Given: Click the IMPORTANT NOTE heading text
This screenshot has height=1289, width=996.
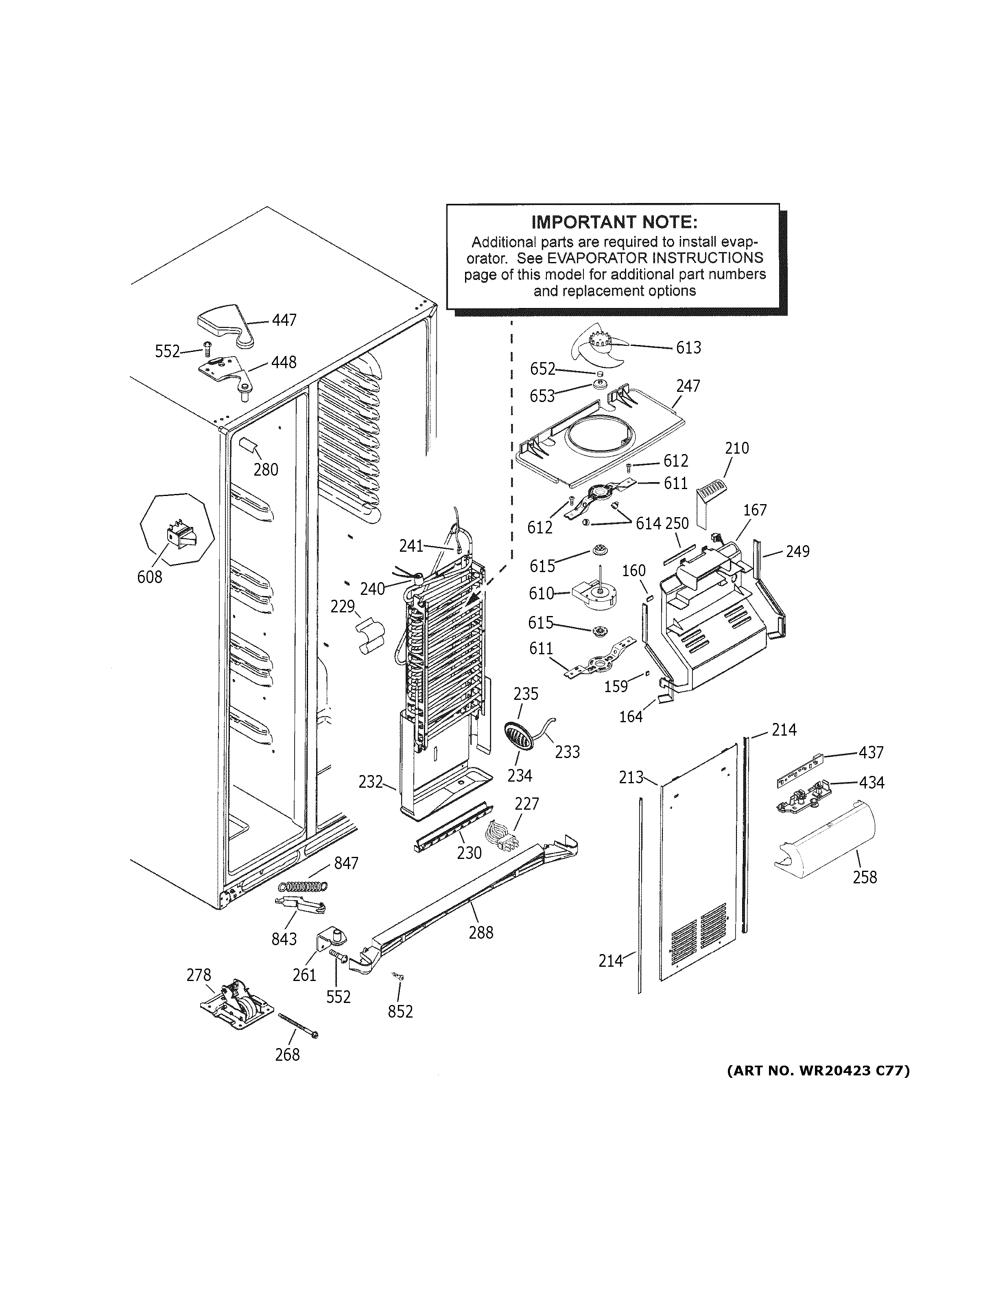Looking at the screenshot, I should (614, 223).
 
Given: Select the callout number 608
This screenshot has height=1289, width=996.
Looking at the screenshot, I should (149, 577).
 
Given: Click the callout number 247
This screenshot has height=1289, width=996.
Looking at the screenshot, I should (688, 386).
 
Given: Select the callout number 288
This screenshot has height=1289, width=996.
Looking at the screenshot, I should (481, 933).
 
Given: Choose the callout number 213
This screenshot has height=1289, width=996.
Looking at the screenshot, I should (631, 777).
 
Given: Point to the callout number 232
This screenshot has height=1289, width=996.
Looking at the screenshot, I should (371, 782).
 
